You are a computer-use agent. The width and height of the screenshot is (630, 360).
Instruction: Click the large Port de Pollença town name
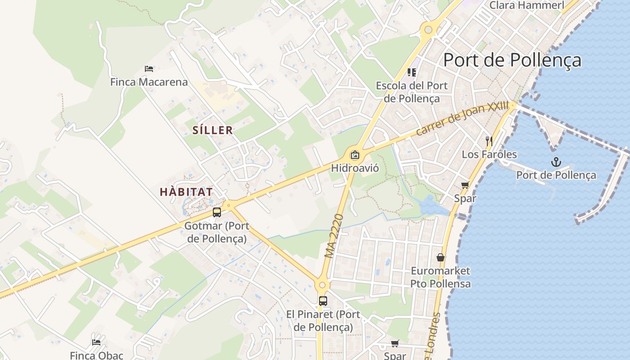tap(512, 60)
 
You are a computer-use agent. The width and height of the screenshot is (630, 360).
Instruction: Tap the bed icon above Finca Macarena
tap(149, 69)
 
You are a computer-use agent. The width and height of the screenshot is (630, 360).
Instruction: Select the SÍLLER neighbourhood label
tap(213, 130)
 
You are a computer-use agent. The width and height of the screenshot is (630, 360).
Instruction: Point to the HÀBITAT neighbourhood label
tap(186, 192)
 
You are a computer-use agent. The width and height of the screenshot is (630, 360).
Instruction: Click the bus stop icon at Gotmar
tap(217, 212)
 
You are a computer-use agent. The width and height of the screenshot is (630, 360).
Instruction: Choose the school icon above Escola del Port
tap(412, 72)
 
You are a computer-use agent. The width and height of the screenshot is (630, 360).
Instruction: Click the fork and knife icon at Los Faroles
tap(489, 141)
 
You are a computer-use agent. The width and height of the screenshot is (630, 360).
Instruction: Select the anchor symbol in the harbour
tap(556, 162)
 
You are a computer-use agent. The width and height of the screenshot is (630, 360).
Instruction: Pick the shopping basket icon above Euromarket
tap(441, 257)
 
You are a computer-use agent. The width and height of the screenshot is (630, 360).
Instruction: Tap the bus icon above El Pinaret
tap(323, 301)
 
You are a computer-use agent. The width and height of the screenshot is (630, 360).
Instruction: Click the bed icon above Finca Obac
tap(96, 342)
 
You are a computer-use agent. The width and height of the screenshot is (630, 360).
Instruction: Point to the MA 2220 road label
tap(334, 236)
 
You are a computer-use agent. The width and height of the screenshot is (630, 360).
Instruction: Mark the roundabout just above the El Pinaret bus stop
tap(322, 285)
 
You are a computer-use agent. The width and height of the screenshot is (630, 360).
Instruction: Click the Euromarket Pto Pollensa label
tap(441, 277)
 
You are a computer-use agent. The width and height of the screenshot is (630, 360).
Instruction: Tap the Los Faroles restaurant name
tap(489, 154)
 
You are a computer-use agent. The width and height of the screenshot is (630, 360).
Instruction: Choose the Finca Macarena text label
tap(149, 82)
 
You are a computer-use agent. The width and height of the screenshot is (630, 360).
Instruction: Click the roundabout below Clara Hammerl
tap(428, 30)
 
